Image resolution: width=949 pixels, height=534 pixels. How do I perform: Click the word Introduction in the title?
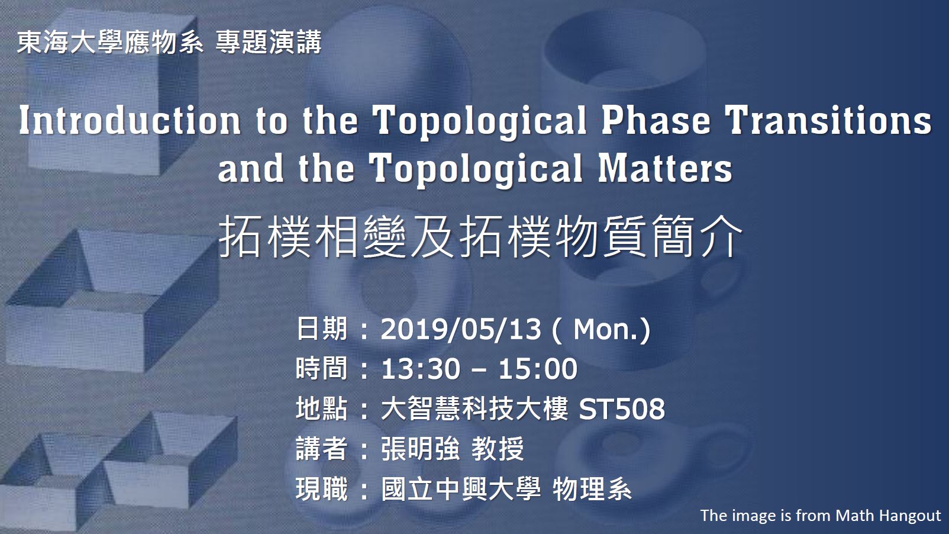click(130, 121)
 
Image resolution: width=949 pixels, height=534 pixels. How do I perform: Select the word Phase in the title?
click(656, 121)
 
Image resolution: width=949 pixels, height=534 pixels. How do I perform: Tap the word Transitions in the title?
click(828, 121)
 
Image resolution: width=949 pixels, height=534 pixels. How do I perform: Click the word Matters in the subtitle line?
click(665, 169)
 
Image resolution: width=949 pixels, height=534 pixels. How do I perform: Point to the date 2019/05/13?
click(461, 329)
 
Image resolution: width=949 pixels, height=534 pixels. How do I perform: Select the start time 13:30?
click(420, 369)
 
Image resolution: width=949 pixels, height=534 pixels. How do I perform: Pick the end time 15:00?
click(538, 369)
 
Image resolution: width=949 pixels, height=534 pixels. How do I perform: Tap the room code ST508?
click(621, 409)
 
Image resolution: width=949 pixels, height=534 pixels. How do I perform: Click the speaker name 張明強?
click(420, 449)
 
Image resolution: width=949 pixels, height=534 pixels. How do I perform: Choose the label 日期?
click(321, 329)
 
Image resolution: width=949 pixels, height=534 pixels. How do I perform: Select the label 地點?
click(321, 409)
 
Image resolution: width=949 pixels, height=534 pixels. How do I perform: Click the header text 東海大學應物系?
click(110, 43)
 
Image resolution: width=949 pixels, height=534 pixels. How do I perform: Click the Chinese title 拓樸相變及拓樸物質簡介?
click(480, 236)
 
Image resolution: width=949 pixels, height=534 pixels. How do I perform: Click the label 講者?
click(321, 449)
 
